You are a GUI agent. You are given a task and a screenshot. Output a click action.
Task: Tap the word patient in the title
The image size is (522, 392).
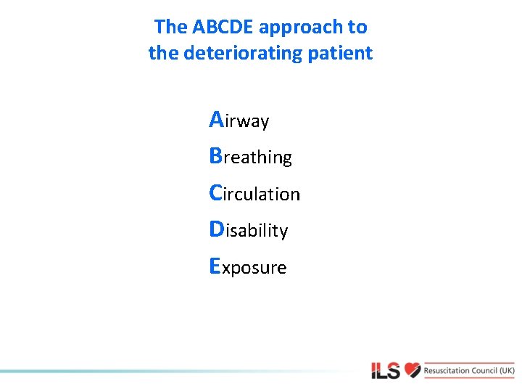[343, 53]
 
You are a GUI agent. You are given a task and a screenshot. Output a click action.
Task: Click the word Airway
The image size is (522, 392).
[239, 121]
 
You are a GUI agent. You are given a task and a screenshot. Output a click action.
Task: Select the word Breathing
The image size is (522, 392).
[250, 157]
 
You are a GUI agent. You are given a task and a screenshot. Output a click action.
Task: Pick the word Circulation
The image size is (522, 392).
[254, 194]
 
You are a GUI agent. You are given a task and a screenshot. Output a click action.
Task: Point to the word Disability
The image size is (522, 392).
[248, 230]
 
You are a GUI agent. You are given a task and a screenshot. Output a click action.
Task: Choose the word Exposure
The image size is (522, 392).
[247, 267]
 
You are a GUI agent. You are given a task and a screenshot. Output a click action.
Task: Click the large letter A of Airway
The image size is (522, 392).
[216, 119]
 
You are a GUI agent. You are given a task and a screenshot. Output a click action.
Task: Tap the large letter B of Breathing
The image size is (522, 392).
[215, 155]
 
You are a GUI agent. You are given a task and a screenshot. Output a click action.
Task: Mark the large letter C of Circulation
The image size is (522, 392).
[215, 192]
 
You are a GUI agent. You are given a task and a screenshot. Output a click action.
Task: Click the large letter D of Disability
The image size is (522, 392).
[216, 229]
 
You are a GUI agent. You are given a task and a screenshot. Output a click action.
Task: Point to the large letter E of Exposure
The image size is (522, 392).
[215, 266]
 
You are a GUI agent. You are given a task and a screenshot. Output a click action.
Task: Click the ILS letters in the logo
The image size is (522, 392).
[386, 371]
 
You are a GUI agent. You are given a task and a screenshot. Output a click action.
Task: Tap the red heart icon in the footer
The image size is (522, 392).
[413, 370]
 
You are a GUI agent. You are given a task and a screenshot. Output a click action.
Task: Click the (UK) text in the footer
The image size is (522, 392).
[507, 370]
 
